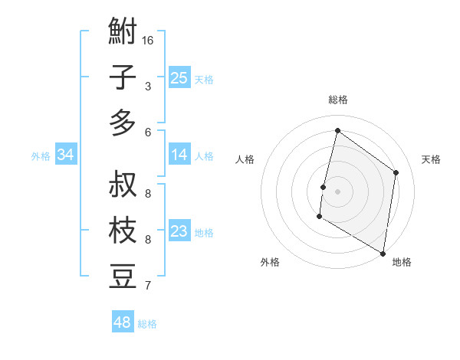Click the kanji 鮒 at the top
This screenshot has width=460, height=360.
[123, 32]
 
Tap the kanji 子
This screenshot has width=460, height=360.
[123, 77]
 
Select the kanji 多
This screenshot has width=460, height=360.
[123, 123]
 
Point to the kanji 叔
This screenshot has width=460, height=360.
[123, 185]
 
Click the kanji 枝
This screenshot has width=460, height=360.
[123, 231]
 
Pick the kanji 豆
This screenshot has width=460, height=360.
[123, 277]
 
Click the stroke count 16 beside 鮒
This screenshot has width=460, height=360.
[148, 40]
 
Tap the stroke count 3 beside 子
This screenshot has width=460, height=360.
[148, 87]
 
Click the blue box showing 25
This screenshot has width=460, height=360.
[179, 77]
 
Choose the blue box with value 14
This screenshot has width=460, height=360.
[179, 155]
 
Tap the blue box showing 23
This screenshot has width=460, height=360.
[179, 231]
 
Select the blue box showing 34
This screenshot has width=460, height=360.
[66, 155]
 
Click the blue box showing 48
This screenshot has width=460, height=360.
[122, 322]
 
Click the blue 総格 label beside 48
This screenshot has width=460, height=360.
[147, 324]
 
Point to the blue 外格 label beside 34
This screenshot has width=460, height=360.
[41, 156]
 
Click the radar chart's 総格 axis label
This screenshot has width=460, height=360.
[337, 100]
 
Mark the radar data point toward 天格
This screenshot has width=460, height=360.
[396, 172]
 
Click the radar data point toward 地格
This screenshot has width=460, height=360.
[383, 253]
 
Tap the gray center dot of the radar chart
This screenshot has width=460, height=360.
[337, 191]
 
